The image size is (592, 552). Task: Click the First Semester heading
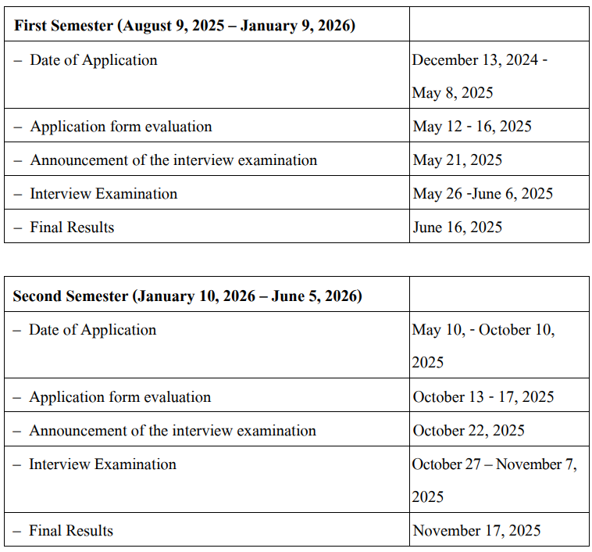(184, 26)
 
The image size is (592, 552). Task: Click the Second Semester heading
(187, 296)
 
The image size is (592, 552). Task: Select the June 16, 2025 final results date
(458, 228)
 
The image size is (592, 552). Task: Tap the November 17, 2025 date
(476, 531)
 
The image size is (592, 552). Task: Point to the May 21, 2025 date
(458, 160)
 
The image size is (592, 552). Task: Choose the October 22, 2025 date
(469, 431)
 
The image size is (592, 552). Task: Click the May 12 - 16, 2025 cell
(472, 127)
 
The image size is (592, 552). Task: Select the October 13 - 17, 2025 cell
(483, 397)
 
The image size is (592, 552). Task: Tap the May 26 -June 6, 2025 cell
(483, 194)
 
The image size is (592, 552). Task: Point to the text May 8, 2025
(453, 93)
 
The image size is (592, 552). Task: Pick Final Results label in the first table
(72, 228)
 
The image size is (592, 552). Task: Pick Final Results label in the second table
(71, 531)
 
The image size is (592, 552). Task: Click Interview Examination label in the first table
(103, 194)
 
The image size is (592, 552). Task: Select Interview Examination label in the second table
(102, 464)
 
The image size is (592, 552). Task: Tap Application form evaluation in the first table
(121, 127)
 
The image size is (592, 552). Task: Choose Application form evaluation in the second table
(120, 397)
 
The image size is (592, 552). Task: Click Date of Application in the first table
(94, 60)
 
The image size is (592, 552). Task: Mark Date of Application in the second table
(93, 330)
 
